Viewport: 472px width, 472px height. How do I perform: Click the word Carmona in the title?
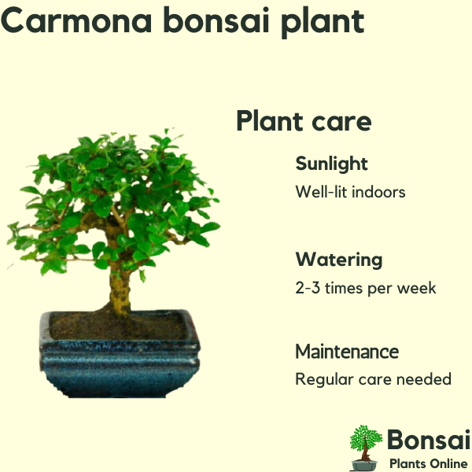(x=76, y=20)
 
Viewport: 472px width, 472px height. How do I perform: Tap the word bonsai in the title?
(x=216, y=20)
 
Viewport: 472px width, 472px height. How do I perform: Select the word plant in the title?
(x=323, y=23)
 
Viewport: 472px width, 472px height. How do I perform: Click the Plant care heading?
(x=304, y=121)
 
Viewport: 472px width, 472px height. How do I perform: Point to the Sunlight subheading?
(x=331, y=164)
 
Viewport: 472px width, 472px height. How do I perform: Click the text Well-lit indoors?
(x=350, y=192)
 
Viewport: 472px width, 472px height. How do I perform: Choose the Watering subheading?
(x=339, y=260)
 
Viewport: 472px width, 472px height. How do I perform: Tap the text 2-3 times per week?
(x=366, y=288)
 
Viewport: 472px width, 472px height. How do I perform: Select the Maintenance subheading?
(x=347, y=352)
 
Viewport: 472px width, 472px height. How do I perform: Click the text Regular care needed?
(x=373, y=379)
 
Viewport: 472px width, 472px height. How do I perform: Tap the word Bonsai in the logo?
(x=429, y=440)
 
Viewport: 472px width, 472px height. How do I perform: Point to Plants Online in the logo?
(x=429, y=463)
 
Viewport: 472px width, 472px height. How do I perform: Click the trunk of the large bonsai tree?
(x=120, y=286)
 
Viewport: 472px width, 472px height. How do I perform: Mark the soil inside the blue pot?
(x=117, y=326)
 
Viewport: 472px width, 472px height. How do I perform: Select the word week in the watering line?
(x=416, y=288)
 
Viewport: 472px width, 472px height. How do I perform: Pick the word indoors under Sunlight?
(x=378, y=192)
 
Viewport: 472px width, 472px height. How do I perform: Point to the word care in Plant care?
(x=341, y=122)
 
